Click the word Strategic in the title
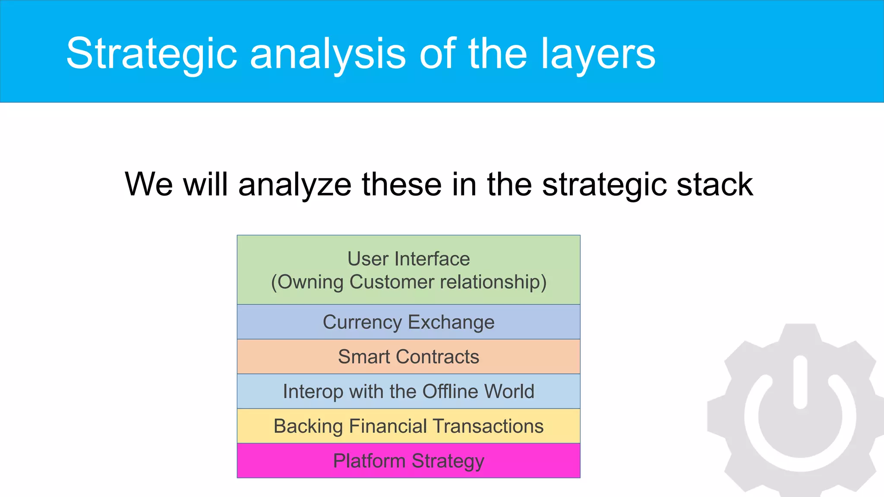[152, 53]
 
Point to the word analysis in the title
[328, 53]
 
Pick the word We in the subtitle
[149, 184]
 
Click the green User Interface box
[408, 270]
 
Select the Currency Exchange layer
[408, 322]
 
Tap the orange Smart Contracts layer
[408, 357]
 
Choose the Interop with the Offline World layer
[408, 391]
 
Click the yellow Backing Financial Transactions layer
[408, 426]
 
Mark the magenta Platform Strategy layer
[408, 461]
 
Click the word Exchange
[451, 322]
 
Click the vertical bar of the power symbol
[800, 382]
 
